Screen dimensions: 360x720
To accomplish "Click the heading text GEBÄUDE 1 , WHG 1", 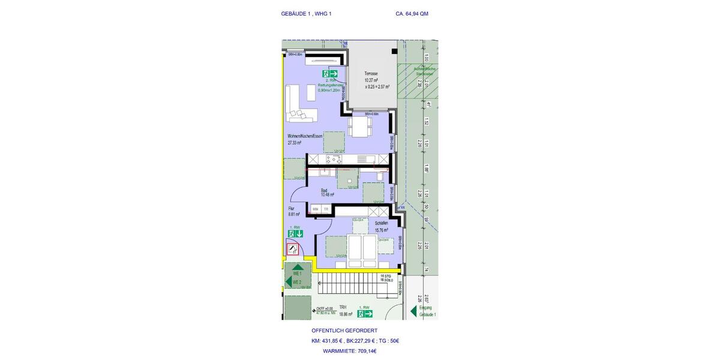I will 306,14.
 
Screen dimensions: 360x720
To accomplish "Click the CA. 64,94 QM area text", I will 412,14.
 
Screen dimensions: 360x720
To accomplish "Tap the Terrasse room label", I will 371,73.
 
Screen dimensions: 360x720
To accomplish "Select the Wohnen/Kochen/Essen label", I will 305,136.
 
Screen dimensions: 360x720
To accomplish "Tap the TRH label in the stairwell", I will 343,307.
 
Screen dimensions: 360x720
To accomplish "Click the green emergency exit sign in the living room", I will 331,73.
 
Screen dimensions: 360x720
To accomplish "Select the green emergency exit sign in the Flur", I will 296,233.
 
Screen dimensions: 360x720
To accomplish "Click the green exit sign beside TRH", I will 365,313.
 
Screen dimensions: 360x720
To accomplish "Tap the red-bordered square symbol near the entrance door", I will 292,249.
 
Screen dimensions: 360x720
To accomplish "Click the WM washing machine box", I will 315,209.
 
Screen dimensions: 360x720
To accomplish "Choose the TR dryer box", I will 326,209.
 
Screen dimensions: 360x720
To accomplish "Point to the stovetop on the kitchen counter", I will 334,159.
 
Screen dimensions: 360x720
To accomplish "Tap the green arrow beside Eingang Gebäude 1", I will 413,311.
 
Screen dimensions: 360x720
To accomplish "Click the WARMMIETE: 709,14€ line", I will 349,351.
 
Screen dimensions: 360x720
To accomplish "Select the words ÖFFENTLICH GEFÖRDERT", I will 344,331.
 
